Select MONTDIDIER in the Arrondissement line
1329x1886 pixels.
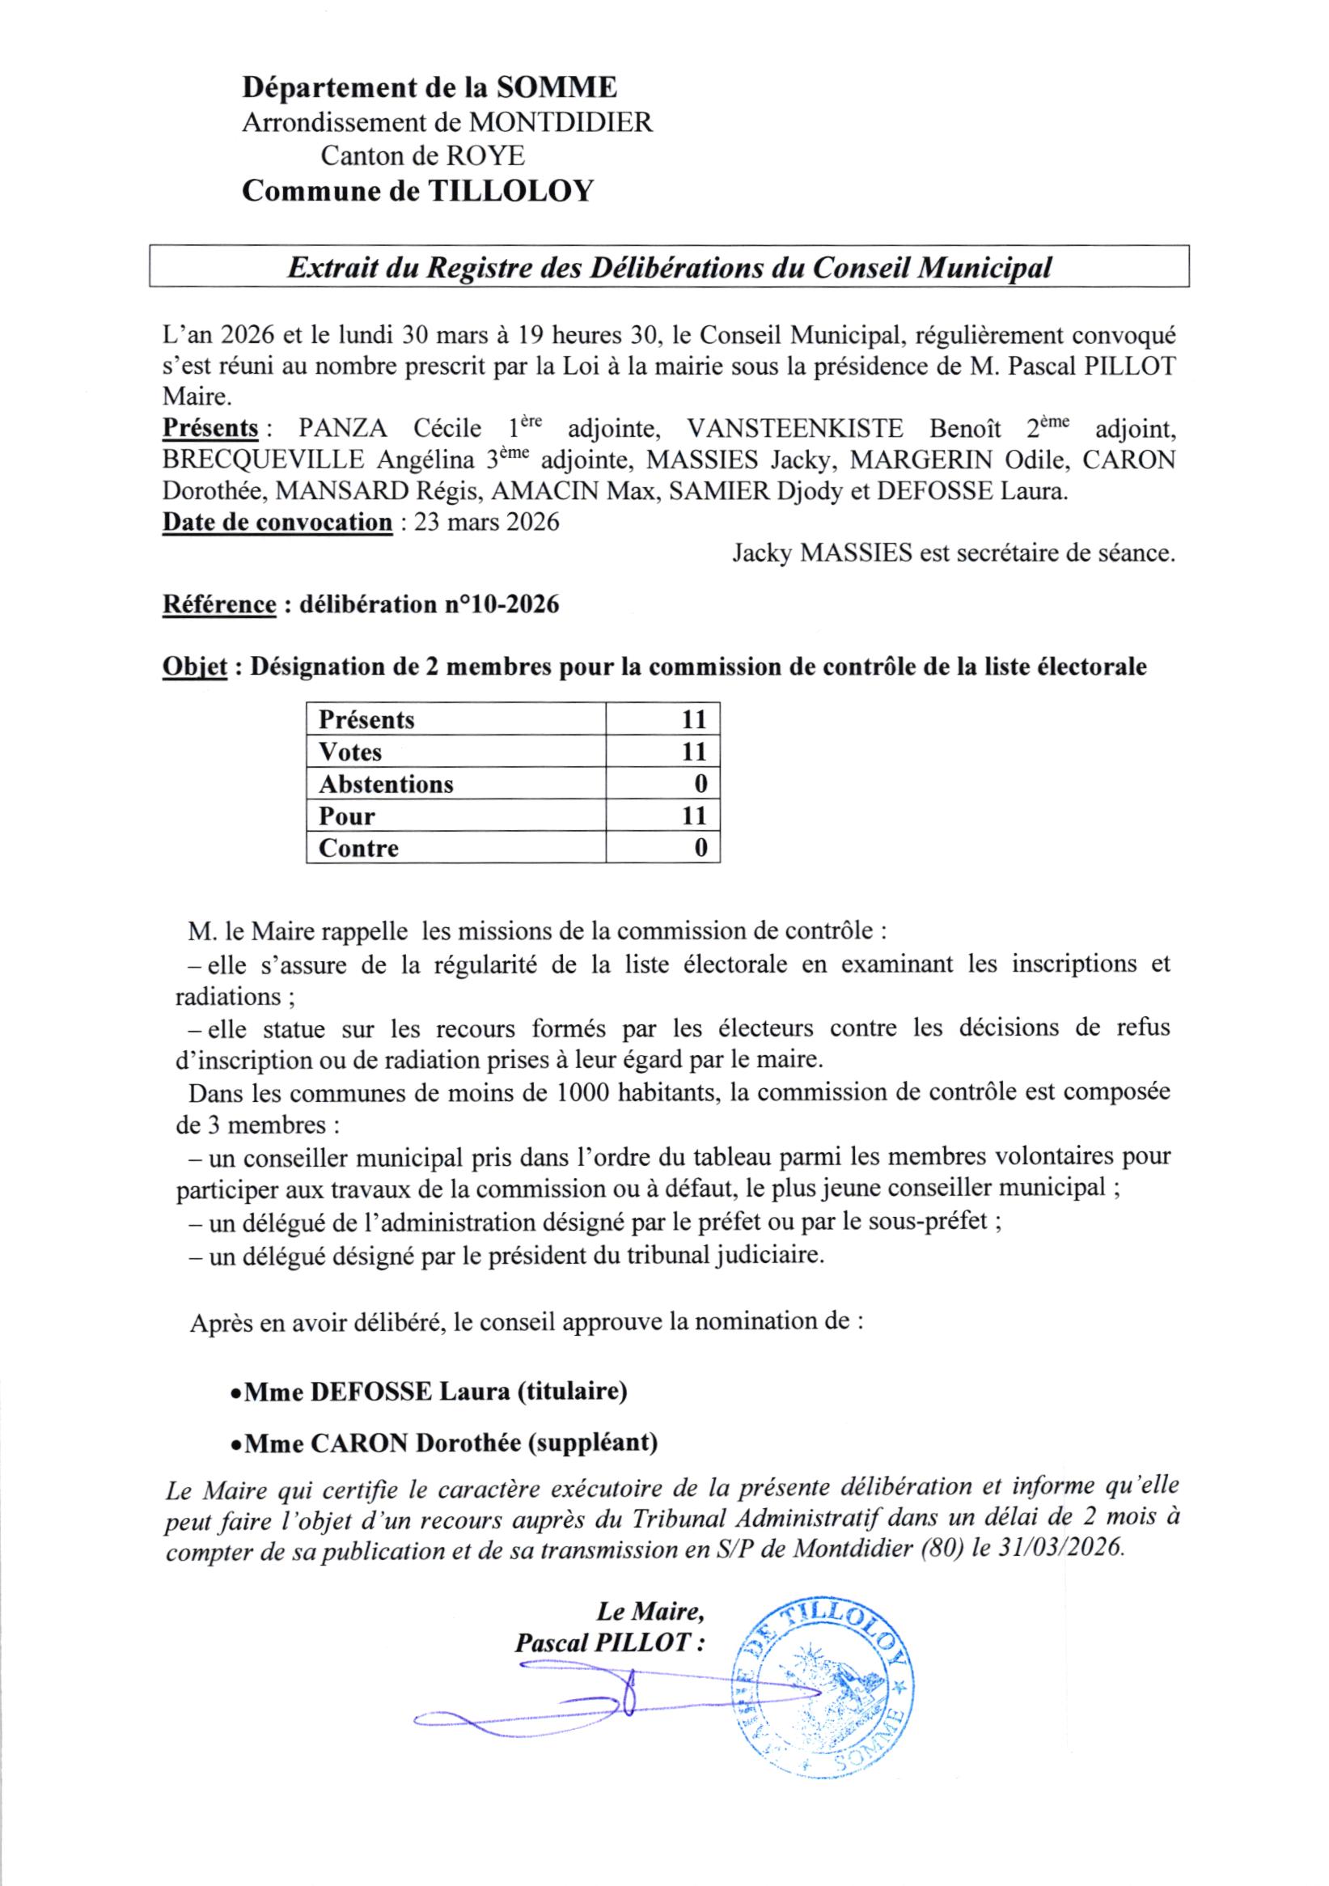[561, 122]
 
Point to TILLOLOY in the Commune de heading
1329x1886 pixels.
[510, 192]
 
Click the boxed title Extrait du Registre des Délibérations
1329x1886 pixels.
[669, 267]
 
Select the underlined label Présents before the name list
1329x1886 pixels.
[211, 428]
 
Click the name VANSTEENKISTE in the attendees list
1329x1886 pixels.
[795, 428]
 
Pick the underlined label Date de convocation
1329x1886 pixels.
[277, 523]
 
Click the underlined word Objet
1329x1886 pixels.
[194, 667]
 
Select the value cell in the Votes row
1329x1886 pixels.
[662, 752]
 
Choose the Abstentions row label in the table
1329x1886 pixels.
[386, 785]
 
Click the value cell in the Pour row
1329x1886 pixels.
[662, 816]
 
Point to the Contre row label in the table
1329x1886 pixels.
[358, 848]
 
